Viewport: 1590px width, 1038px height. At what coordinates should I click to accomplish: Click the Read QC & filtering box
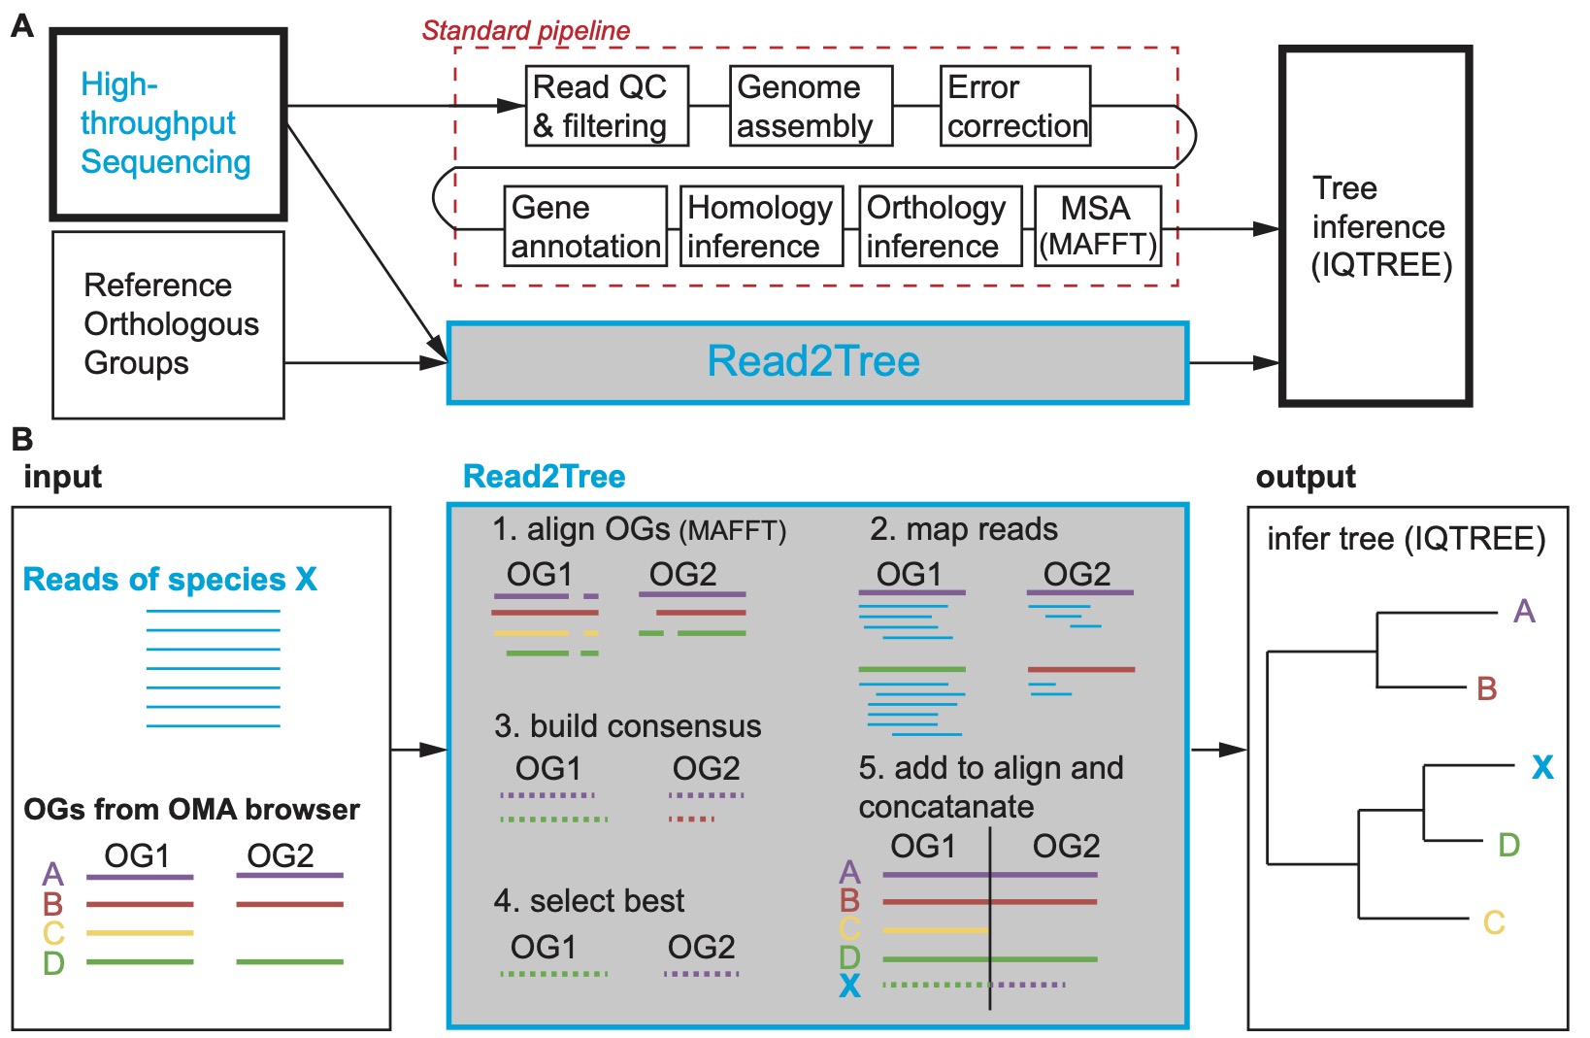pos(607,106)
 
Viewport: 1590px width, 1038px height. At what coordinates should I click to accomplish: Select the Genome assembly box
pos(811,106)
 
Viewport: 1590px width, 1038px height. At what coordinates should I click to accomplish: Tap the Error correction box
pos(1015,106)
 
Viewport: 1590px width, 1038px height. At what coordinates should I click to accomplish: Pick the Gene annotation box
pos(585,226)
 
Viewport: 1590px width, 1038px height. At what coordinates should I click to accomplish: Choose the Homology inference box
pos(761,226)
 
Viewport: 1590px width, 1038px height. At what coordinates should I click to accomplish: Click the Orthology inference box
pos(940,226)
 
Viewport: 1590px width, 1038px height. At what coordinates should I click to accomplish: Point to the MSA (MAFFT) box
pos(1098,226)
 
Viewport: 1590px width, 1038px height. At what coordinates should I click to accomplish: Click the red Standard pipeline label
pos(525,30)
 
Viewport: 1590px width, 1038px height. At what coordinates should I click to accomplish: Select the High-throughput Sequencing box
pos(169,123)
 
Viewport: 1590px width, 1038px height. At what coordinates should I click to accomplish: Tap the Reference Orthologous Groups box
pos(169,324)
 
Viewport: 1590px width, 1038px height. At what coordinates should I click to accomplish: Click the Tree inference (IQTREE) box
pos(1376,225)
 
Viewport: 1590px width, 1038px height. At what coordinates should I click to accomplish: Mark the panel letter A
pos(21,25)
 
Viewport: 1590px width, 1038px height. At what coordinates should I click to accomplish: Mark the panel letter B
pos(21,439)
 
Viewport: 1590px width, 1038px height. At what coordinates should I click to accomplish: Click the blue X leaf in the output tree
pos(1541,768)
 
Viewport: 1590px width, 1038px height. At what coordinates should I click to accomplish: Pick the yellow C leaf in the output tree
pos(1494,922)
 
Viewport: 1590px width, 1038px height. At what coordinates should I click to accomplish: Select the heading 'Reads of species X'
pos(170,579)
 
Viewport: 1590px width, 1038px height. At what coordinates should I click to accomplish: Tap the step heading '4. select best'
pos(588,901)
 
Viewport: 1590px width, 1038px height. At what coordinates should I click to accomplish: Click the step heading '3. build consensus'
pos(627,726)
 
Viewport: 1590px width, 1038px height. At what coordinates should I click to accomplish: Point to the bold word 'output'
pos(1306,477)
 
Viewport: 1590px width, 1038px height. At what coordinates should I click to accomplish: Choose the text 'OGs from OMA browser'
pos(191,809)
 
